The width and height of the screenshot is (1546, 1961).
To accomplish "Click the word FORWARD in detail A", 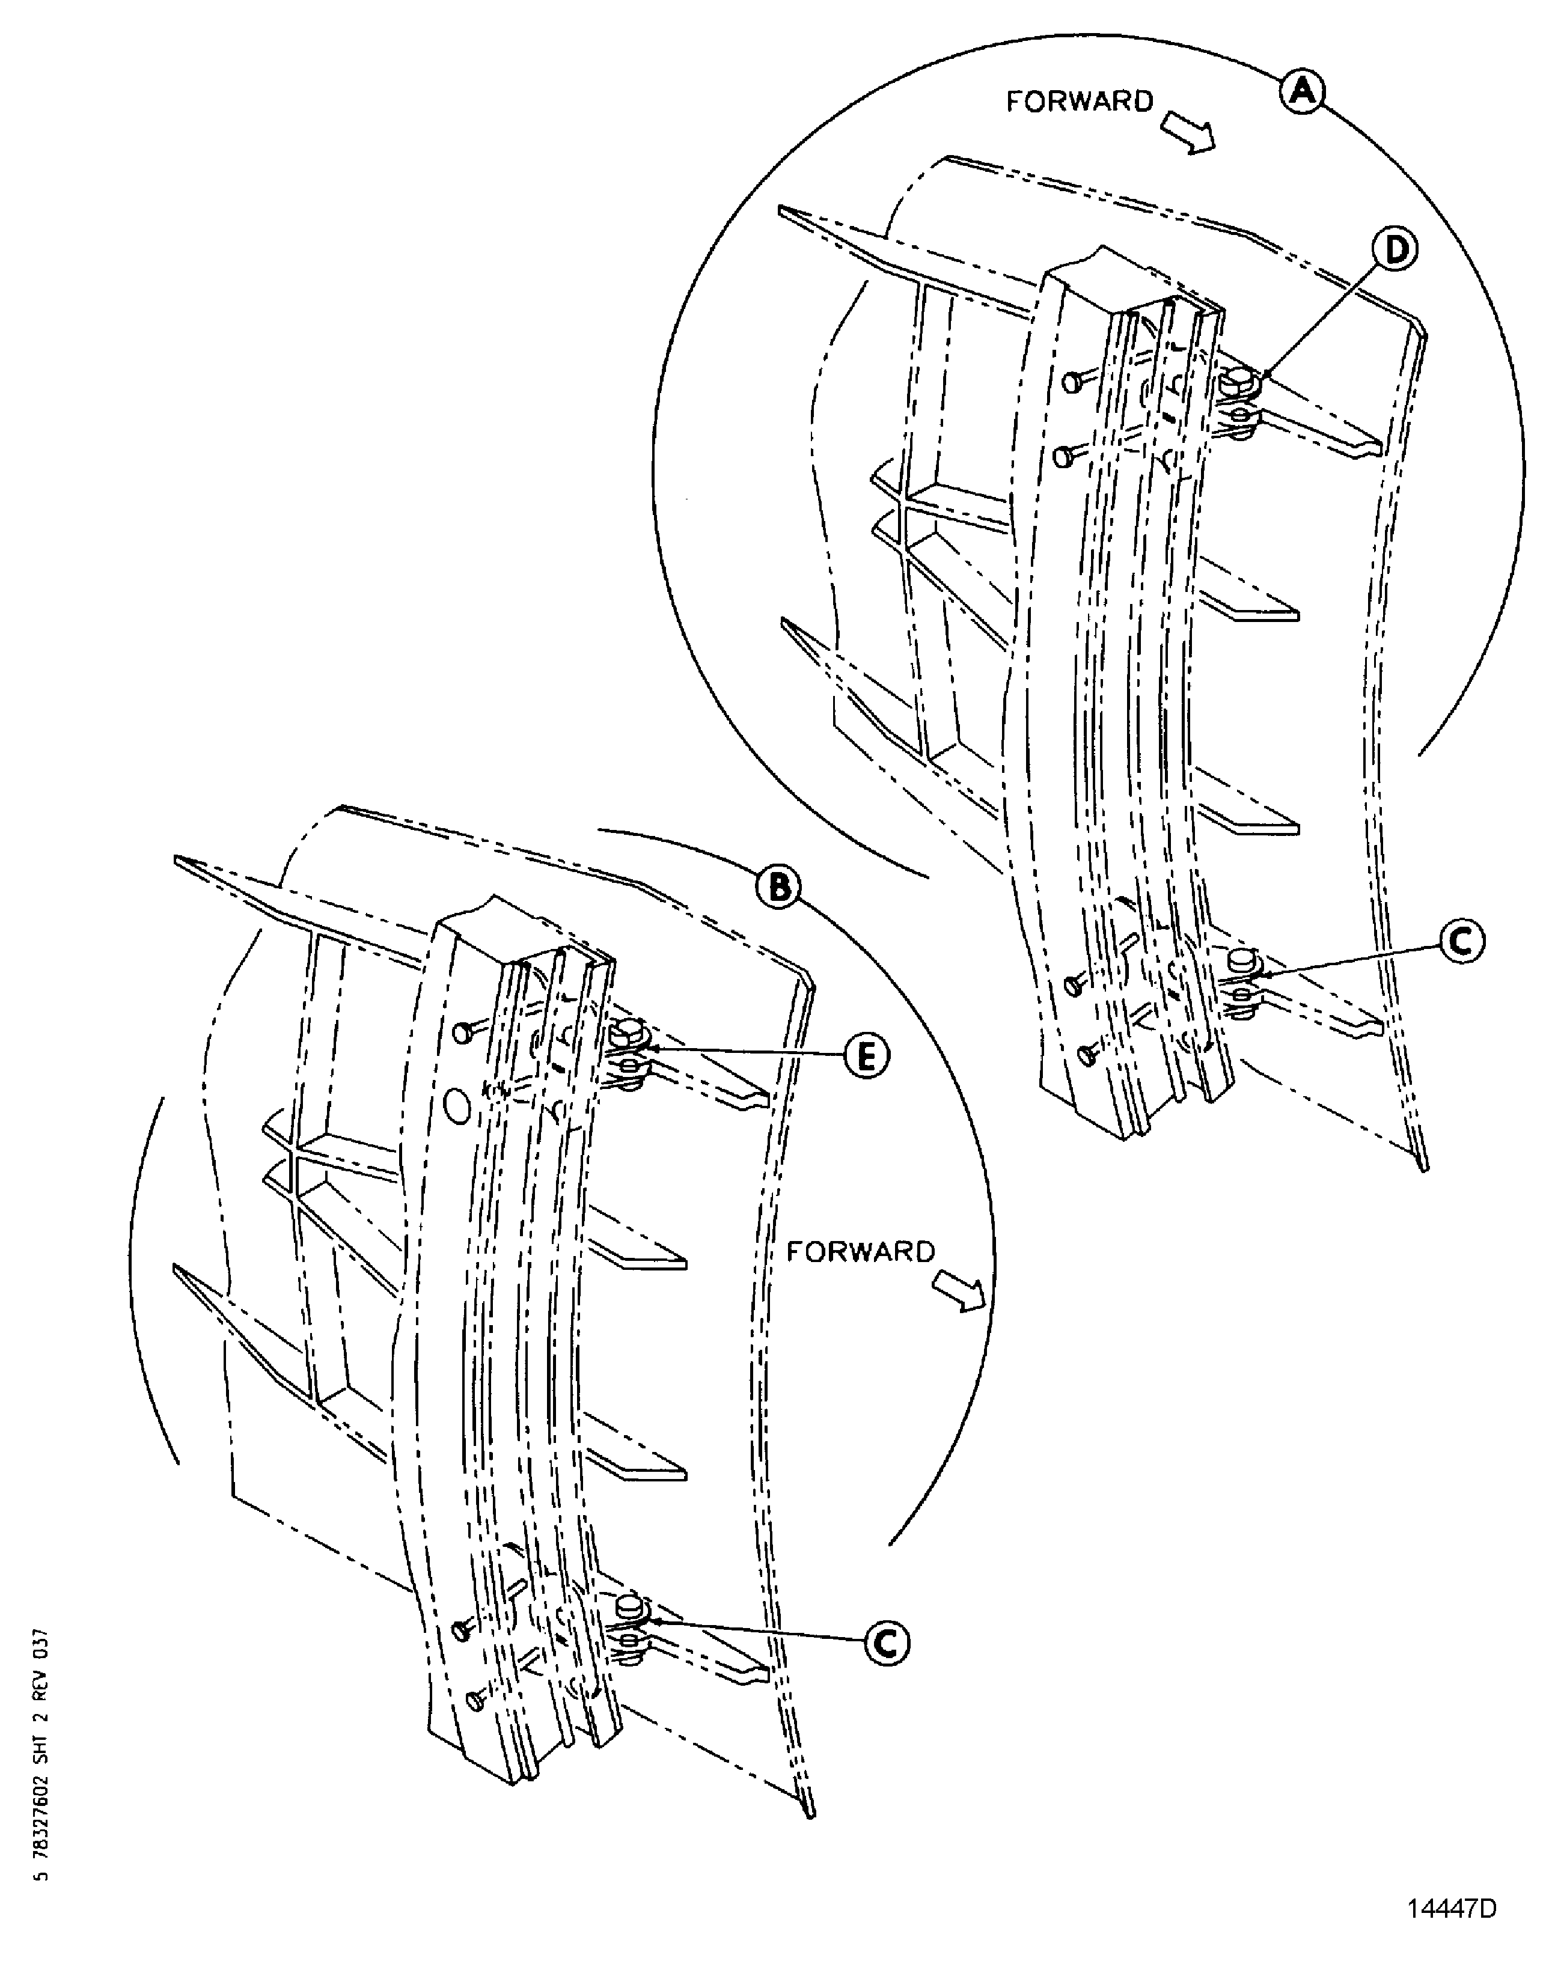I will point(1079,102).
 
